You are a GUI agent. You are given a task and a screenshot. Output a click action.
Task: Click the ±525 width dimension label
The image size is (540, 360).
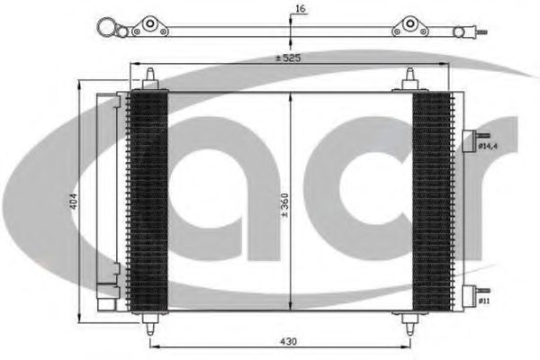point(288,58)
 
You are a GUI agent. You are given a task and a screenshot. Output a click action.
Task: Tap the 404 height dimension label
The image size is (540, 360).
point(74,202)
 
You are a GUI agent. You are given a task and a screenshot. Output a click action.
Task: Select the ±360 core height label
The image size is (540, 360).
point(284,206)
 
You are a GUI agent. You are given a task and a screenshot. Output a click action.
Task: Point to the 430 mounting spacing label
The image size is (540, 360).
point(288,341)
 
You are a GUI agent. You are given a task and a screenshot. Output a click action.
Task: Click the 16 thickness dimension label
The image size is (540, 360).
point(301,9)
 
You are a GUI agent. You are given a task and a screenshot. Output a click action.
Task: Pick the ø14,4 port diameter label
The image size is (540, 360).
point(488,147)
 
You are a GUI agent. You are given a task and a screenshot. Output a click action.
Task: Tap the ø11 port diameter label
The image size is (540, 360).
point(484,301)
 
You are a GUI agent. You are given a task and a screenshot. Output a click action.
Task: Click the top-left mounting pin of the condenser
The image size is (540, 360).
point(150,79)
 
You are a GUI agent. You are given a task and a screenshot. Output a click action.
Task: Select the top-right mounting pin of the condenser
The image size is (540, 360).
point(409,79)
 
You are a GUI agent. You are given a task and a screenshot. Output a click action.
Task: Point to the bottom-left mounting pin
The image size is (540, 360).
point(150,324)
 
